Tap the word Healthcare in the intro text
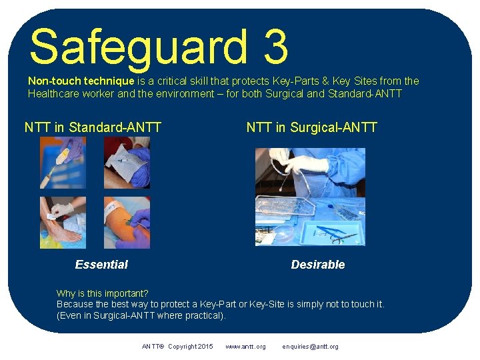(53, 93)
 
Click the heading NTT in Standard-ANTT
(93, 127)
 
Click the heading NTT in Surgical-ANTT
(311, 127)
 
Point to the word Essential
(101, 265)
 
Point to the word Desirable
(318, 265)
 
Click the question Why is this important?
(102, 293)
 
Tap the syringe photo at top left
(63, 163)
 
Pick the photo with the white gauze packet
(127, 163)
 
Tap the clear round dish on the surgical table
(283, 233)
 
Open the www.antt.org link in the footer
(245, 347)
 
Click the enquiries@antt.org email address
(310, 347)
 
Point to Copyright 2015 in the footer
(191, 347)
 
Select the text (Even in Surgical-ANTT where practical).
(141, 315)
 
